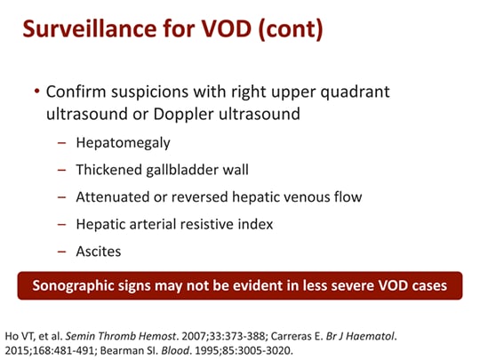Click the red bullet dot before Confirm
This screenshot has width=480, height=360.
point(36,92)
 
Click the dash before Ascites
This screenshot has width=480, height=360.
point(61,252)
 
